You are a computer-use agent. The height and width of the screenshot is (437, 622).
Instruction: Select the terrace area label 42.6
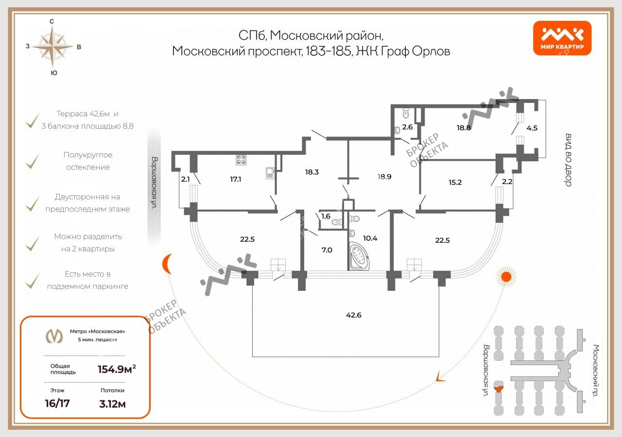(x=354, y=315)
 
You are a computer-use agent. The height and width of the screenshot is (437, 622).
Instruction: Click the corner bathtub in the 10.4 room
(x=360, y=256)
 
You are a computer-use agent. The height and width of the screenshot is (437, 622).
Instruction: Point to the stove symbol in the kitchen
(x=241, y=160)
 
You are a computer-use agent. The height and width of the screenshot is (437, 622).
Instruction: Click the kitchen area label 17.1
(x=236, y=179)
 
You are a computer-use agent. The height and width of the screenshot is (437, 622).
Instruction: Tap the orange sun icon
(x=506, y=277)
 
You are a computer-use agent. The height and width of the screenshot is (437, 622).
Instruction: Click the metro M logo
(x=54, y=336)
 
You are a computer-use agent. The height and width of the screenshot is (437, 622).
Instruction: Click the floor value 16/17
(x=57, y=403)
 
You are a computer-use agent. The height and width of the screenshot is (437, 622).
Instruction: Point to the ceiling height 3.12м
(x=112, y=403)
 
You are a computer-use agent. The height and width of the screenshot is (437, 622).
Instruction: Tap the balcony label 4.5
(x=532, y=129)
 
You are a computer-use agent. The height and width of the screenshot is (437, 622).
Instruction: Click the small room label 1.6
(x=326, y=216)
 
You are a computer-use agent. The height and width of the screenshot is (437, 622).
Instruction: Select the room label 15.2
(x=455, y=183)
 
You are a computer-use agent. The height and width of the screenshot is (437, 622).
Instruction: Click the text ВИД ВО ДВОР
(x=568, y=160)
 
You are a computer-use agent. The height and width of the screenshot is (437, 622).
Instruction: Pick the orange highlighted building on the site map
(x=499, y=387)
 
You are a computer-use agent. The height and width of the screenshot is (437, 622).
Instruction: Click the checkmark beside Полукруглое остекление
(x=32, y=161)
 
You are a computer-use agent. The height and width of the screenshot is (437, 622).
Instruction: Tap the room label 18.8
(x=464, y=128)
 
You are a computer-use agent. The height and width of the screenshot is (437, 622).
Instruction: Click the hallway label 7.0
(x=327, y=250)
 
